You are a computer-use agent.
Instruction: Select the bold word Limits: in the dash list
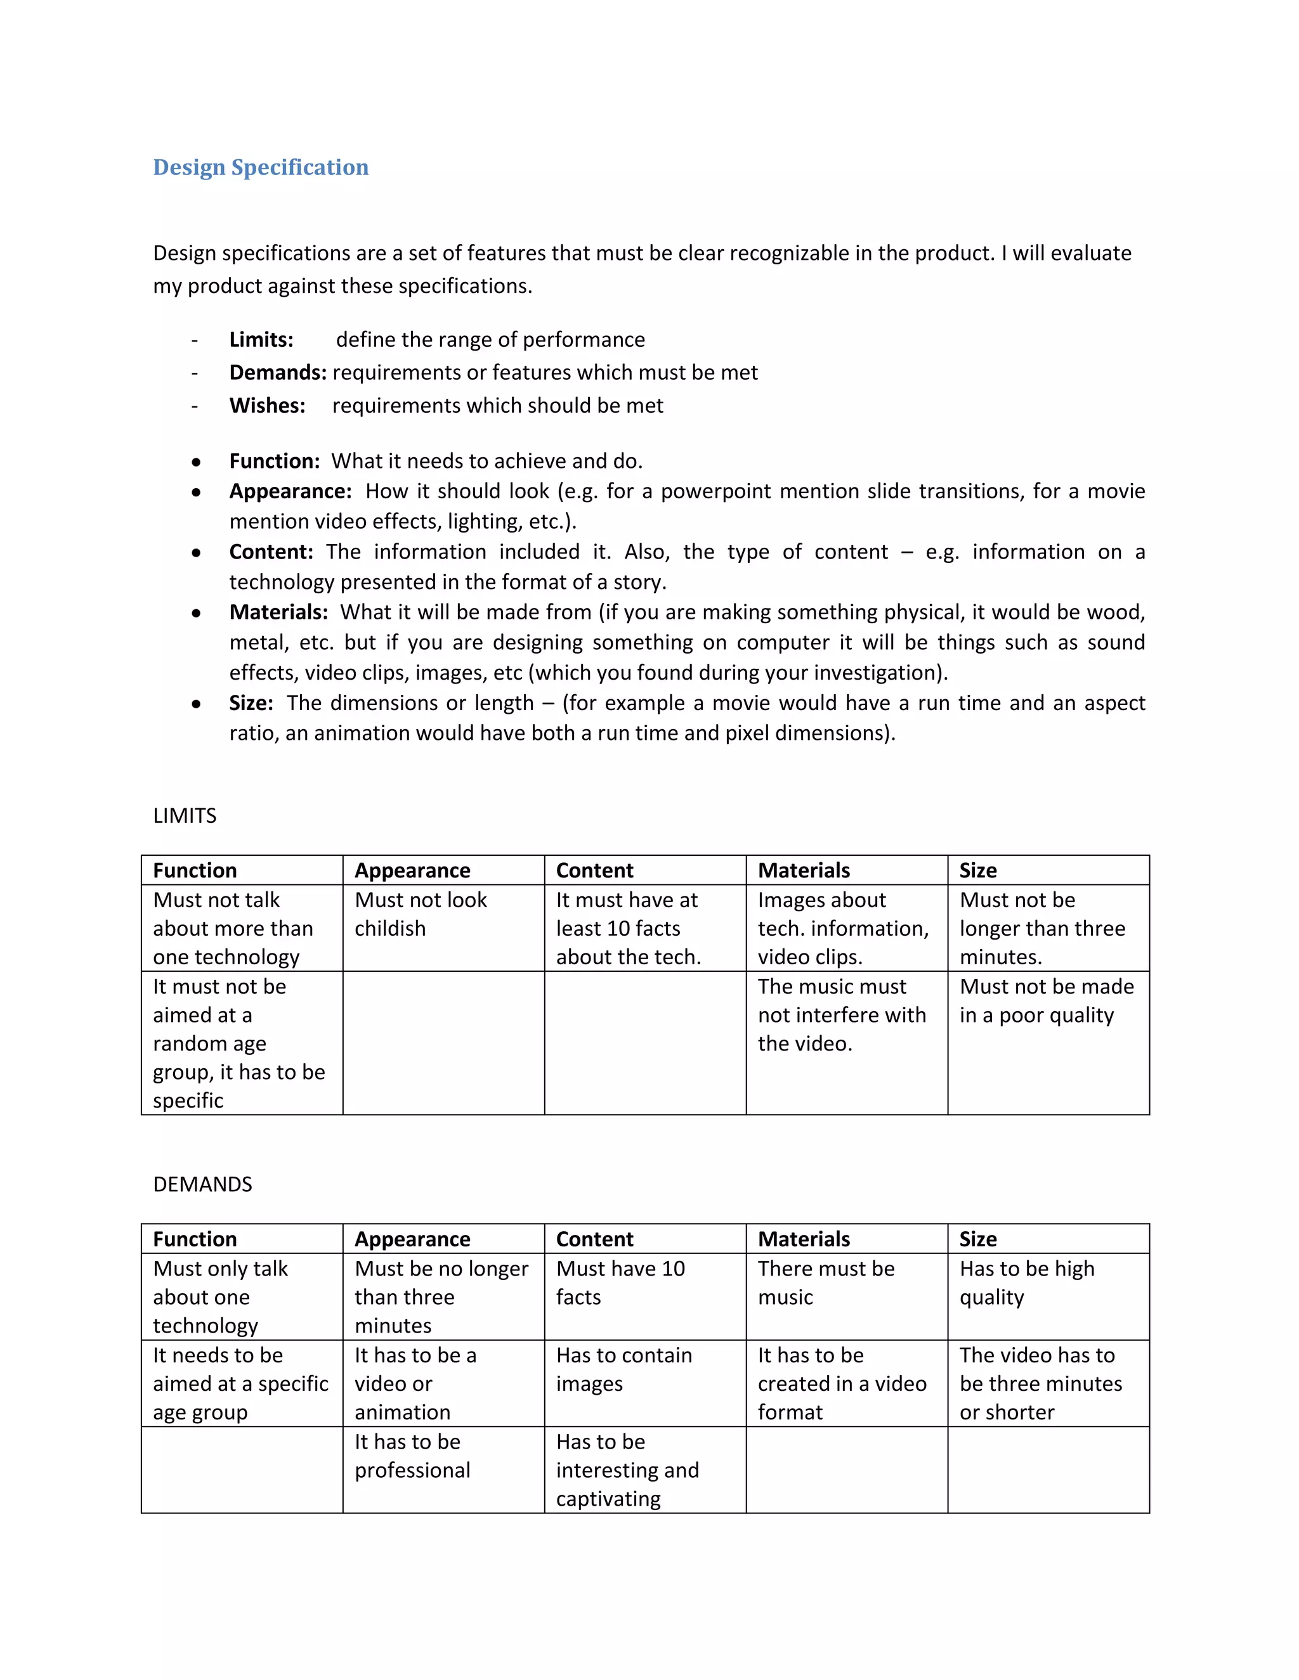click(261, 339)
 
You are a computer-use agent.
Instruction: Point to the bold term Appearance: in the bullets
click(290, 491)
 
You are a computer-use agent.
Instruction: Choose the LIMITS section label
click(185, 815)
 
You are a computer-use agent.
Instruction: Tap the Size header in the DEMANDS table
click(977, 1239)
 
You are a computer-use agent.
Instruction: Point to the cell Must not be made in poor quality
click(1046, 1001)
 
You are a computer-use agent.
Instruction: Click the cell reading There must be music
click(826, 1283)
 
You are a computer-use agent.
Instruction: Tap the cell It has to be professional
click(412, 1456)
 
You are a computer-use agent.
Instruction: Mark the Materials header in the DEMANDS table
click(804, 1239)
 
